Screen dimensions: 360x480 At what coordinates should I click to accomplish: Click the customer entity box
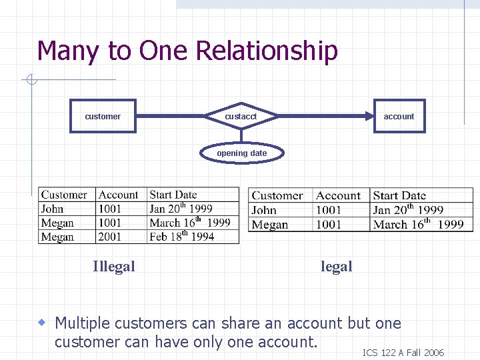tap(103, 116)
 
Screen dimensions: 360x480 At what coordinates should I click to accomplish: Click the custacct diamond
tap(241, 116)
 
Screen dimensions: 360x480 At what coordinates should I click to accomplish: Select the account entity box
tap(399, 116)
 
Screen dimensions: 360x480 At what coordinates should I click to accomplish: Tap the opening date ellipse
tap(241, 153)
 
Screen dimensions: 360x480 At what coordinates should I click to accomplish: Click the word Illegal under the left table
tap(113, 267)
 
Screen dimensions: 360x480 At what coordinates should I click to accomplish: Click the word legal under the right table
tap(336, 267)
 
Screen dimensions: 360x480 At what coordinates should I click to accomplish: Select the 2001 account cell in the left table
tap(110, 237)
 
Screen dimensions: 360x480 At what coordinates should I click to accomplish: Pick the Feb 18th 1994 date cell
tap(182, 236)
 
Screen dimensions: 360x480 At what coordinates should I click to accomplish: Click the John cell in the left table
tap(53, 209)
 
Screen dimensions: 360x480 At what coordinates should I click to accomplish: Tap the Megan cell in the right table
tap(270, 225)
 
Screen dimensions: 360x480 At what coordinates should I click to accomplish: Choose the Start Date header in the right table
tap(399, 195)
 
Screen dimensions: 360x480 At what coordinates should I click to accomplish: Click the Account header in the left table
tap(118, 195)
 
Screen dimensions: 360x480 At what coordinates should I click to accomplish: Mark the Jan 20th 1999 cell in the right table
tap(408, 209)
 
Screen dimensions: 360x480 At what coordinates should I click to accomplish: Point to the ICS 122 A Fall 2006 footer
tap(403, 353)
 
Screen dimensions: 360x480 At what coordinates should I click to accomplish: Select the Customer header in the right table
tap(277, 195)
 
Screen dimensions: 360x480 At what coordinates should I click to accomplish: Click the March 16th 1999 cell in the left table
tap(190, 223)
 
